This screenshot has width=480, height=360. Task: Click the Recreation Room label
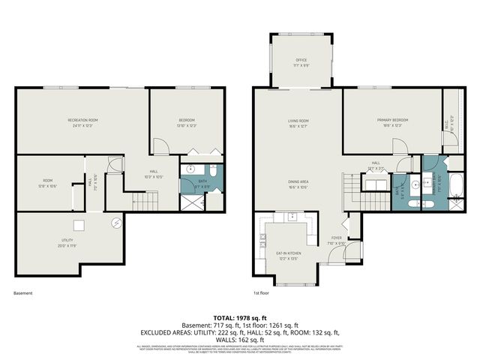click(82, 120)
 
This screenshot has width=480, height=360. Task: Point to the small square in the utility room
click(78, 225)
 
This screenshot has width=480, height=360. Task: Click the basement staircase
click(137, 202)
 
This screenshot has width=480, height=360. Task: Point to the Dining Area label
click(299, 181)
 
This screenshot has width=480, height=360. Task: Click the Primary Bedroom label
click(392, 120)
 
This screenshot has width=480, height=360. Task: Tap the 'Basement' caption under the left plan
click(23, 293)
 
